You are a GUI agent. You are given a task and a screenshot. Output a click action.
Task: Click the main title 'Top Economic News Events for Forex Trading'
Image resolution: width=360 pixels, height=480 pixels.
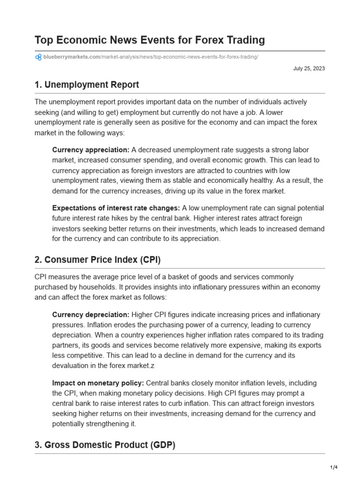pos(150,40)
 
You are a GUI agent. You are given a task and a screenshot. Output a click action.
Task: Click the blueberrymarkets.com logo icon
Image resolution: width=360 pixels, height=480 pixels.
pos(38,57)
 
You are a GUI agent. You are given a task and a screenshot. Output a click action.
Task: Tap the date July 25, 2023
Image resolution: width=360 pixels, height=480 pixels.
pos(309,68)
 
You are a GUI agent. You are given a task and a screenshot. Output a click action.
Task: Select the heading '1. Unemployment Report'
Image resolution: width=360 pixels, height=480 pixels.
pos(87,85)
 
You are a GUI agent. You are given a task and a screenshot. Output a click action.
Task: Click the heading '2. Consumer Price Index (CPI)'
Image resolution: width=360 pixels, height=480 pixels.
pos(97,260)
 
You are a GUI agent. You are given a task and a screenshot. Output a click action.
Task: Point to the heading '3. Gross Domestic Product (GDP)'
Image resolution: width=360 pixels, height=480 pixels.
pos(105,445)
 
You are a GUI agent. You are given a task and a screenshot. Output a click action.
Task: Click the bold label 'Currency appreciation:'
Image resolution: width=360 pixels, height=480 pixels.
pos(90,150)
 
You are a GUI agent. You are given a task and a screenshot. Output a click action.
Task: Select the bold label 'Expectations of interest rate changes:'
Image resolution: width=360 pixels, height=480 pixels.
pos(116,208)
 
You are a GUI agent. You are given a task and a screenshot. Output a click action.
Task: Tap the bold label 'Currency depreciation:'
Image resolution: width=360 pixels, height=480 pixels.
pos(91,315)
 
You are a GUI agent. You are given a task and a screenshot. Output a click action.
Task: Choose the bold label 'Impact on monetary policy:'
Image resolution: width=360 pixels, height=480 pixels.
pos(98,383)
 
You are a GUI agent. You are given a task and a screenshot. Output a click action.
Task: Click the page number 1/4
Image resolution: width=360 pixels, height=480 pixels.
pos(333,467)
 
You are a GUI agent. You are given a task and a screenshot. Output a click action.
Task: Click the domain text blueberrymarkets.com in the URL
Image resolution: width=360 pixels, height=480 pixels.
pos(72,57)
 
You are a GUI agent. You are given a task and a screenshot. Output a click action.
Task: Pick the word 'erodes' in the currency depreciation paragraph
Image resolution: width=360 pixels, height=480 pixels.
pos(138,325)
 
